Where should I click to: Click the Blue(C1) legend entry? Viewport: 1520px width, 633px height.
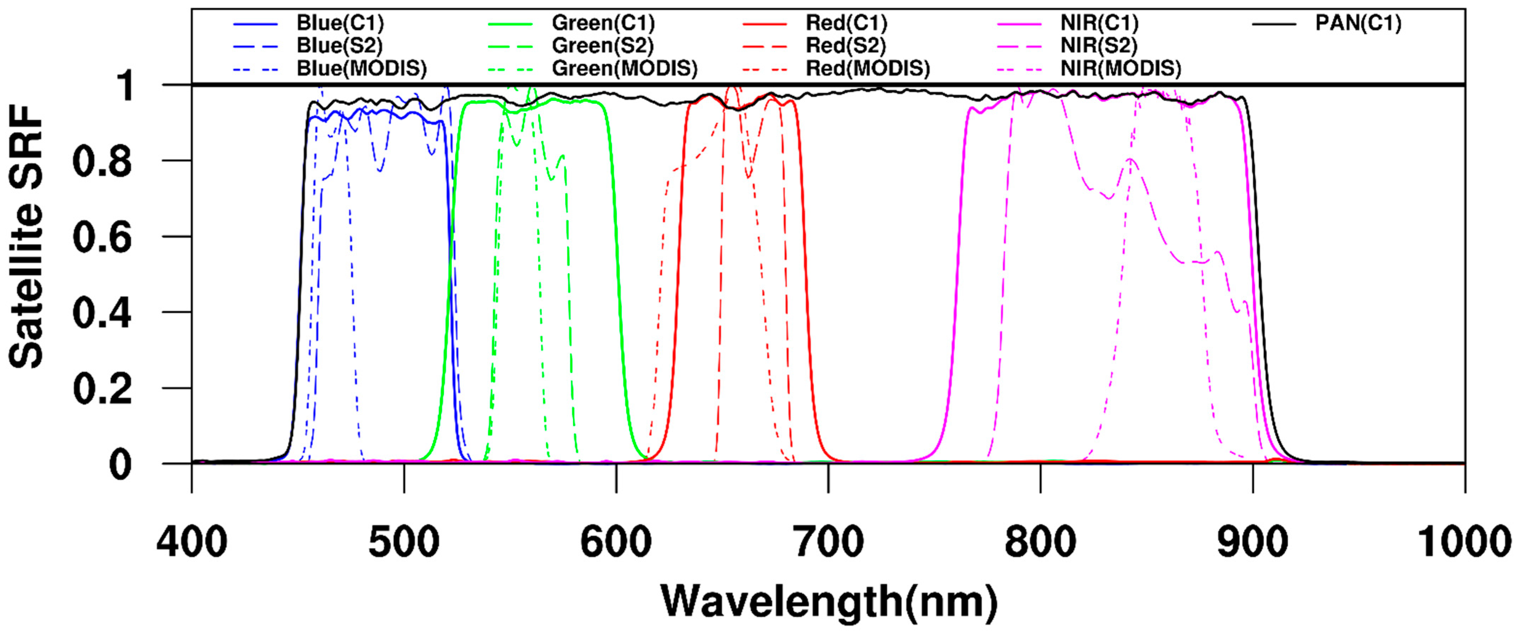coord(340,24)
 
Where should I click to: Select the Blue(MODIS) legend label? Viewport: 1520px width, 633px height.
coord(361,69)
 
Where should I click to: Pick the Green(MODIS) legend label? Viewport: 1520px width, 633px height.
coord(624,69)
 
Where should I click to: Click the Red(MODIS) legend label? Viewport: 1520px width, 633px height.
coord(868,69)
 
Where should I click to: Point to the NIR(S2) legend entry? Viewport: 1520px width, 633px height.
coord(1099,46)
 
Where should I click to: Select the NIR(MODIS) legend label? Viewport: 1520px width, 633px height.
coord(1120,69)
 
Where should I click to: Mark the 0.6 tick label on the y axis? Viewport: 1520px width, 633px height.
coord(102,237)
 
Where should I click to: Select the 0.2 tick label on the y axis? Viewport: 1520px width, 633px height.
coord(102,389)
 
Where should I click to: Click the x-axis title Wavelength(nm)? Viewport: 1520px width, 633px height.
coord(829,602)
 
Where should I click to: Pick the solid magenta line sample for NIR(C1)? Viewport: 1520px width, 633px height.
coord(1019,24)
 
